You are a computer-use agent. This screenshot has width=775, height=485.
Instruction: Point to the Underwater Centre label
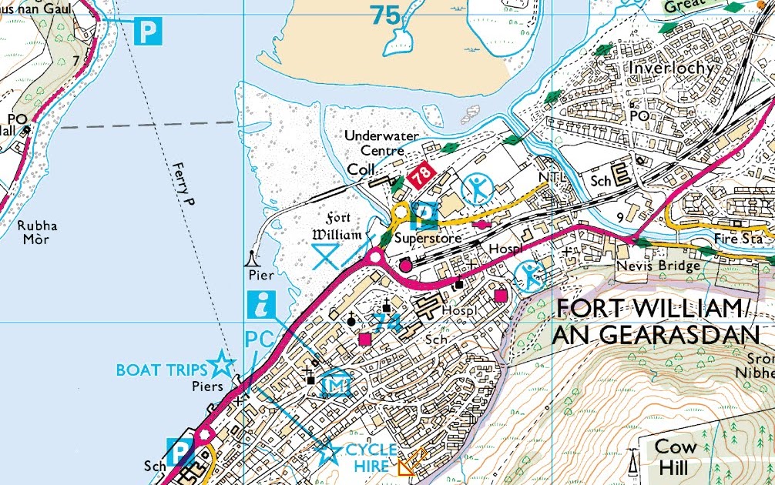[381, 142]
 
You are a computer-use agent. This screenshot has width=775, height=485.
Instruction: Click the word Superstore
[428, 239]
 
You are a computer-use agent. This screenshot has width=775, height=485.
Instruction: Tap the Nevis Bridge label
[658, 266]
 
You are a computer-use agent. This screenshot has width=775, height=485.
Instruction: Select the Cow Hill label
[675, 457]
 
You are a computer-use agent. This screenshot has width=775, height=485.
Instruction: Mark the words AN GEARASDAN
[656, 336]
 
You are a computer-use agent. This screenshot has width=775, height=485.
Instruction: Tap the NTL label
[553, 177]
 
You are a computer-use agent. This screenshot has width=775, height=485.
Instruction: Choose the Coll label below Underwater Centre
[361, 168]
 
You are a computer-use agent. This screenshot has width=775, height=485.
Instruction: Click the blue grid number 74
[387, 322]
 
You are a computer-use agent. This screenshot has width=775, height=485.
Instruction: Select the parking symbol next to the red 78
[424, 213]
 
